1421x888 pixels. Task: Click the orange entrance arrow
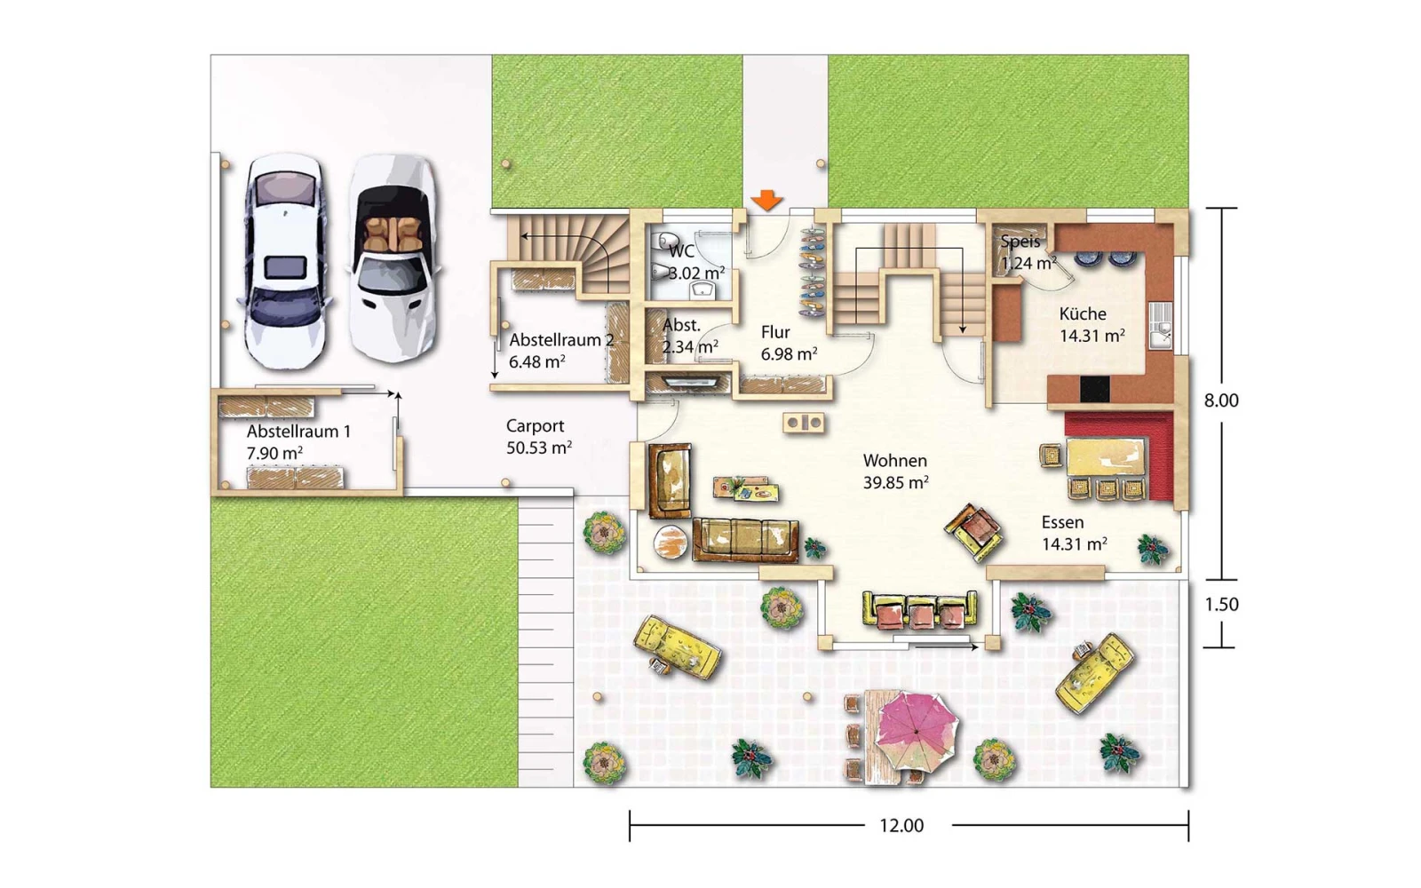pyautogui.click(x=767, y=200)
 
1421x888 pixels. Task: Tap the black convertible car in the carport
pyautogui.click(x=393, y=258)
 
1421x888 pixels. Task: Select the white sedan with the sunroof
pyautogui.click(x=285, y=261)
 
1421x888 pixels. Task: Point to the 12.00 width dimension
pyautogui.click(x=901, y=826)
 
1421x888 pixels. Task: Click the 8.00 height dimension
pyautogui.click(x=1221, y=400)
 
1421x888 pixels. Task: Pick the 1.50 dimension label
pyautogui.click(x=1221, y=604)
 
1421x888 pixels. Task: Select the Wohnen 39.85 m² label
pyautogui.click(x=895, y=472)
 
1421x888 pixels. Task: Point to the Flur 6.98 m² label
pyautogui.click(x=789, y=343)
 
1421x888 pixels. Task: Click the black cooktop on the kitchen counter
pyautogui.click(x=1095, y=389)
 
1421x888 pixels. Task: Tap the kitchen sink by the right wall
pyautogui.click(x=1160, y=325)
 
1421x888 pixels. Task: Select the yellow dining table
pyautogui.click(x=1107, y=456)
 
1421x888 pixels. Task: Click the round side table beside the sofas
pyautogui.click(x=671, y=543)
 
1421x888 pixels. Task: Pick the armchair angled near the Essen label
pyautogui.click(x=973, y=532)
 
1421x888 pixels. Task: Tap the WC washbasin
pyautogui.click(x=703, y=291)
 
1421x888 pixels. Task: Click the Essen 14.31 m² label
pyautogui.click(x=1074, y=534)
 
